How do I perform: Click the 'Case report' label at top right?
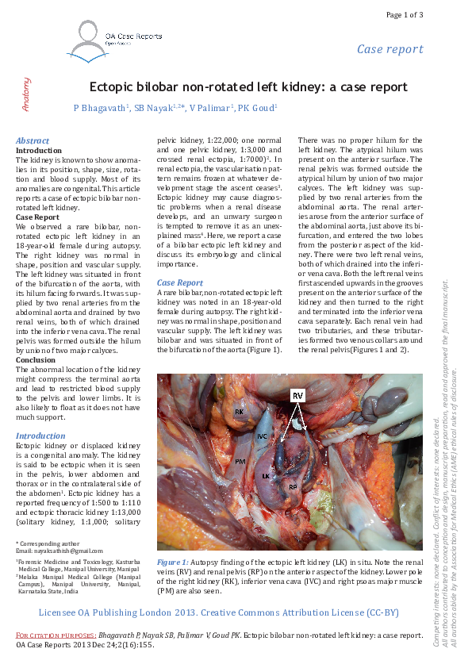(x=389, y=49)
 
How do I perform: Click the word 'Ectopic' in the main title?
(x=116, y=87)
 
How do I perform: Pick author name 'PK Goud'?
(x=258, y=107)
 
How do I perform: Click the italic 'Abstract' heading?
(x=33, y=140)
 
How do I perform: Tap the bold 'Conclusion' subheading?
(x=36, y=359)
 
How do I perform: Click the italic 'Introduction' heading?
(x=40, y=436)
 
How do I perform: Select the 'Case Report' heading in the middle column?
(x=180, y=282)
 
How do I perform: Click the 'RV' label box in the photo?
(x=297, y=394)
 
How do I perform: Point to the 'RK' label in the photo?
(x=238, y=413)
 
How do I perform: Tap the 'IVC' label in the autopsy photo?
(x=262, y=436)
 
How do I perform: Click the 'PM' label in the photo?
(x=239, y=460)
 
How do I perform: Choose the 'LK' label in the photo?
(x=267, y=476)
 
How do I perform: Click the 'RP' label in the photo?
(x=293, y=486)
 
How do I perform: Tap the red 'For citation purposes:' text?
(x=56, y=635)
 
